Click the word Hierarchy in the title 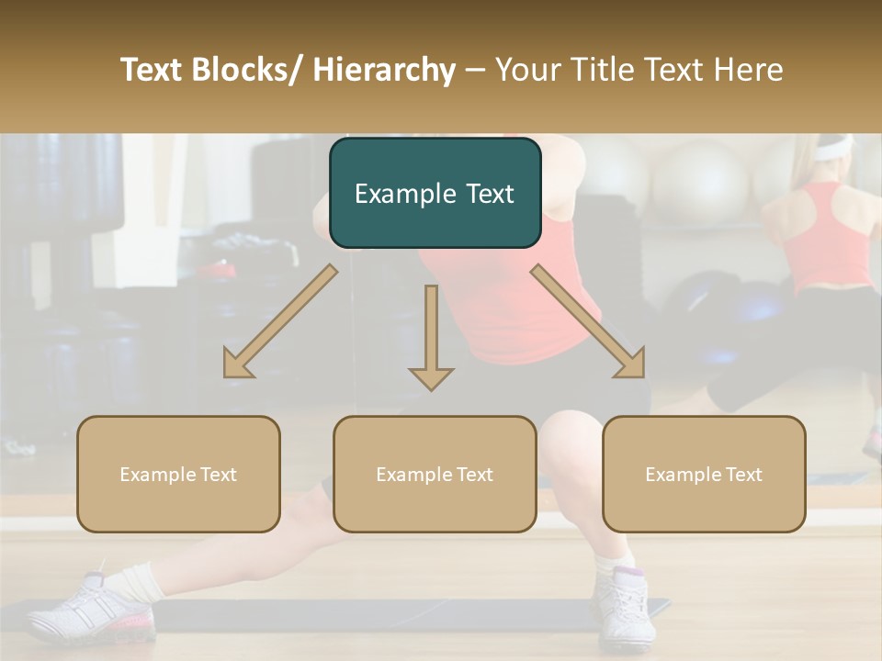(383, 70)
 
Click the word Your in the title (526, 70)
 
